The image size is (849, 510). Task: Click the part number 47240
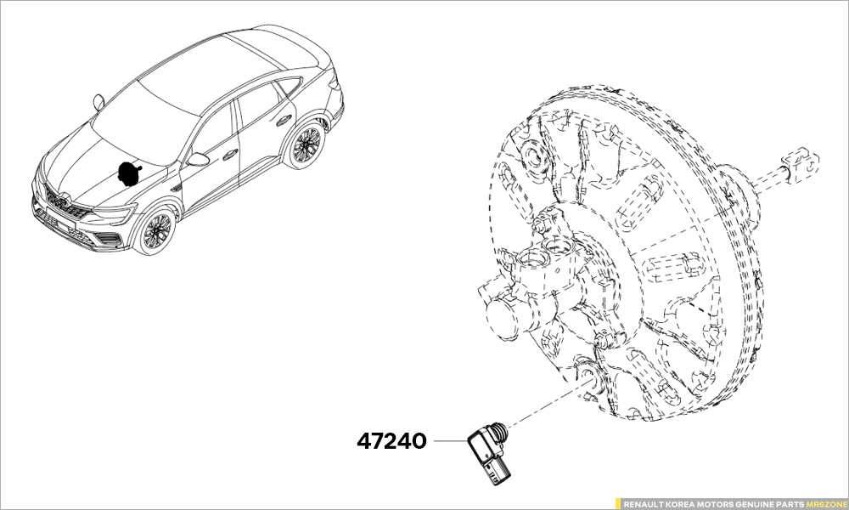pyautogui.click(x=391, y=441)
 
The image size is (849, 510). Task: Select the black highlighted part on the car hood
pyautogui.click(x=129, y=173)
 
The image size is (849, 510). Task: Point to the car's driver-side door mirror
pyautogui.click(x=198, y=159)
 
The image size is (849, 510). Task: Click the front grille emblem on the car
pyautogui.click(x=61, y=201)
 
